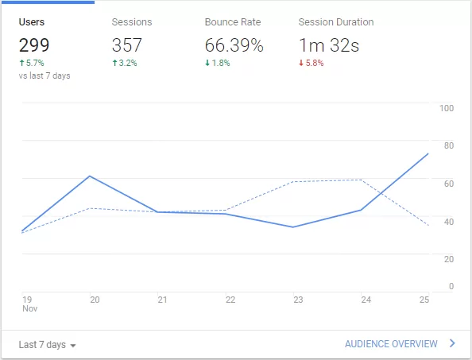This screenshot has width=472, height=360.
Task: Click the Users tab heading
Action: click(31, 22)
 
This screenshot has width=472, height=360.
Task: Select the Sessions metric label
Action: click(132, 22)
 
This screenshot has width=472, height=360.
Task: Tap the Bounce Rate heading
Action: click(232, 22)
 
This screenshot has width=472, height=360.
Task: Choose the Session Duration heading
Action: click(335, 22)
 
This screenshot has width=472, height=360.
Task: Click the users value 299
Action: click(34, 45)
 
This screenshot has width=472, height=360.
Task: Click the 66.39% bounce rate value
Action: click(234, 45)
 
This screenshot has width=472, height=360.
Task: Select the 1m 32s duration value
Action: click(328, 45)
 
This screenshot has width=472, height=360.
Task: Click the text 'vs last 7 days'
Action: click(44, 75)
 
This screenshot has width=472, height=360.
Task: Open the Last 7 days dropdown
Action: click(47, 345)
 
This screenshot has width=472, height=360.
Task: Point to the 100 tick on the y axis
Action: click(446, 108)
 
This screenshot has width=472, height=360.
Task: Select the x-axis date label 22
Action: click(230, 300)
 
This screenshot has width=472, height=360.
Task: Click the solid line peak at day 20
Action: click(90, 176)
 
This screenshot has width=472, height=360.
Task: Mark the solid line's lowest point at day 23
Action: click(294, 227)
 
